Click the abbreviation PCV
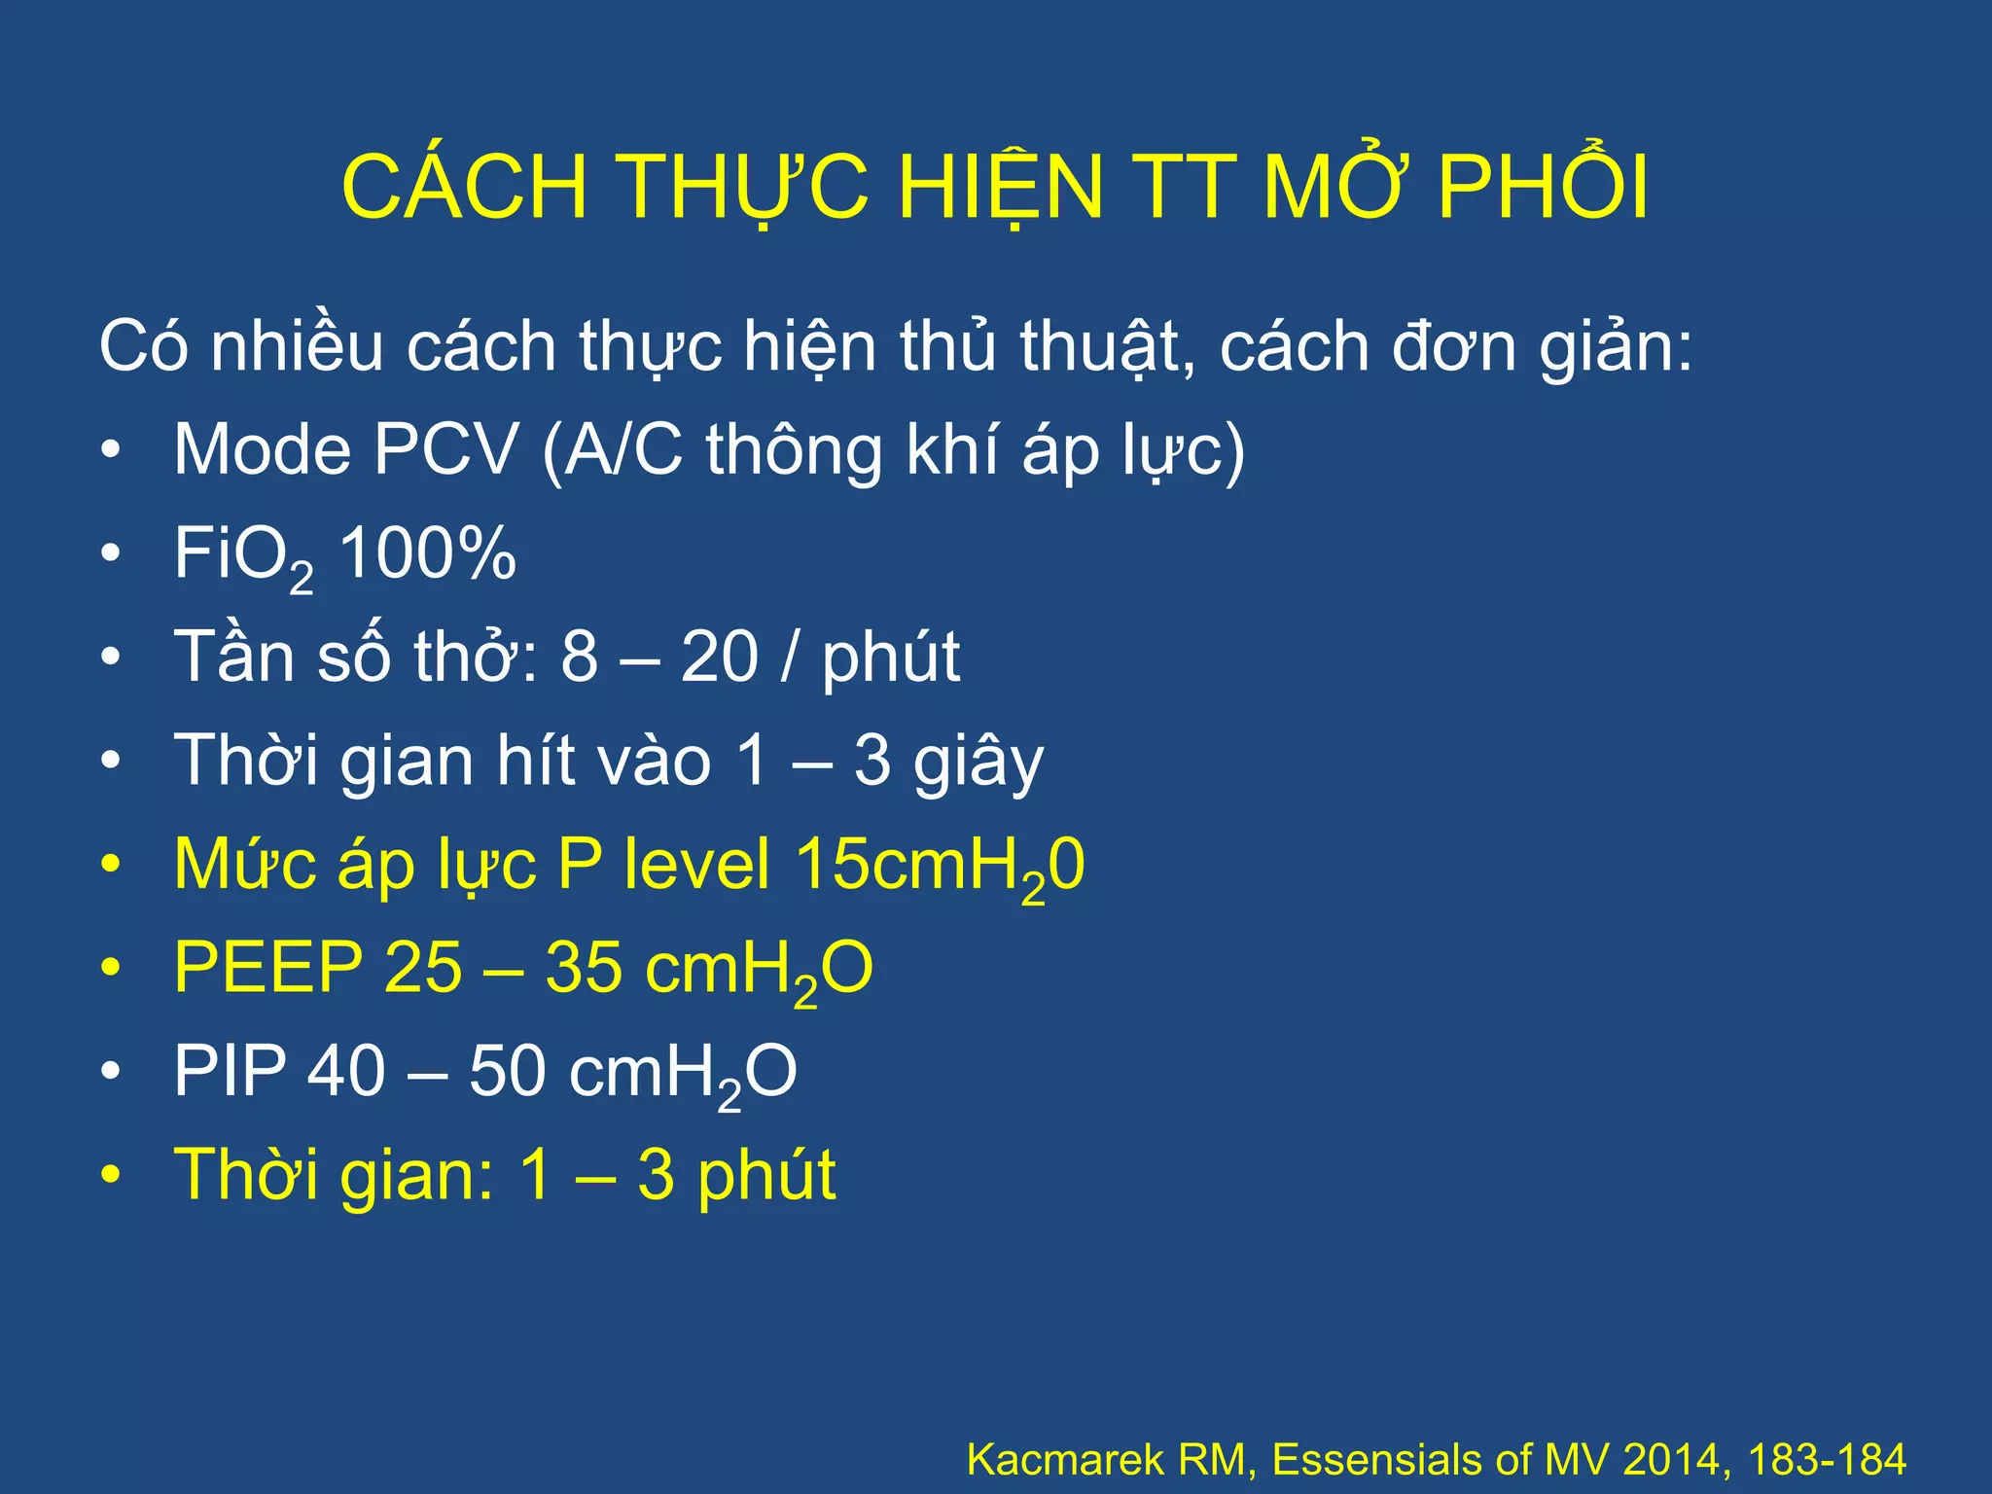coord(446,449)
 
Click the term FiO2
coord(243,557)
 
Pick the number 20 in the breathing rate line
coord(719,657)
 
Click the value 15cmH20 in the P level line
coord(940,867)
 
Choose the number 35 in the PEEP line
coord(584,969)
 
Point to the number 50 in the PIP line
coord(508,1072)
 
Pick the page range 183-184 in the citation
coord(1827,1459)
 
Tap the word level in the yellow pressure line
coord(697,865)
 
